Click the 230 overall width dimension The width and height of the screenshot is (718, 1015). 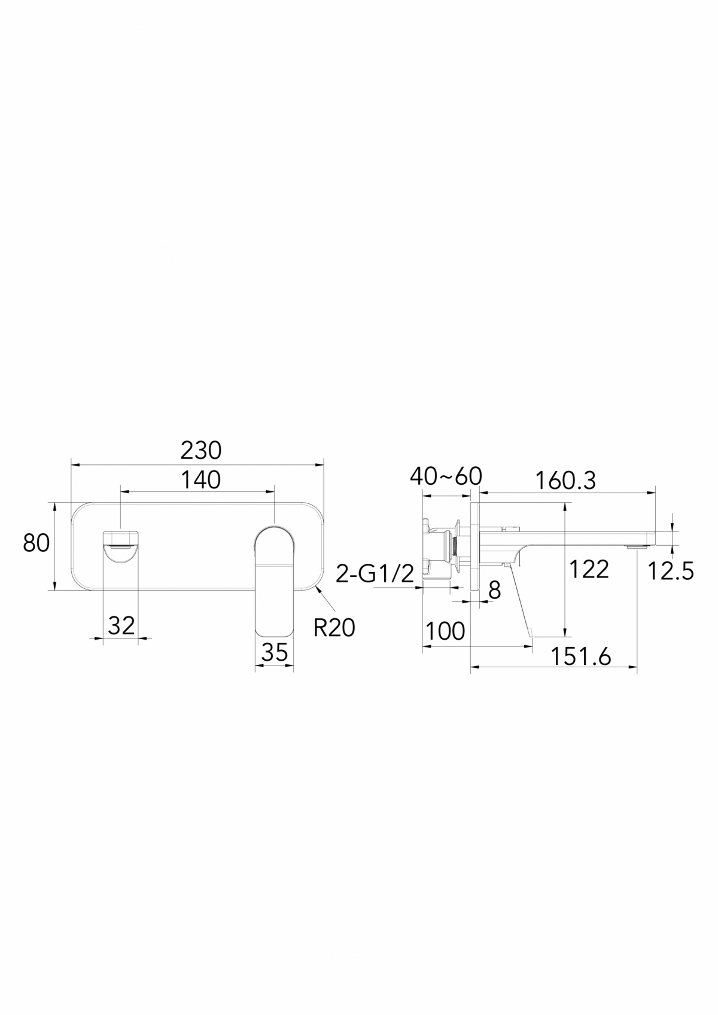point(201,450)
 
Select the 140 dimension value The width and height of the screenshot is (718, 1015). point(201,480)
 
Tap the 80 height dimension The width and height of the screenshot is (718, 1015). point(36,543)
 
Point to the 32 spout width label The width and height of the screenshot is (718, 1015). point(121,626)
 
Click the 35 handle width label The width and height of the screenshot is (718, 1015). point(275,652)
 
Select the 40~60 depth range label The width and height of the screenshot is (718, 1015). point(446,476)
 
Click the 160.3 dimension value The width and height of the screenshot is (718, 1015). point(565,481)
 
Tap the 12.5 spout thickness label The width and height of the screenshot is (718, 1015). point(671,572)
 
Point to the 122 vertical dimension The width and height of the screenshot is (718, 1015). point(589,569)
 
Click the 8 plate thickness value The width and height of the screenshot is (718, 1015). point(494,591)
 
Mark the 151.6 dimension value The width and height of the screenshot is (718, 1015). point(581,657)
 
